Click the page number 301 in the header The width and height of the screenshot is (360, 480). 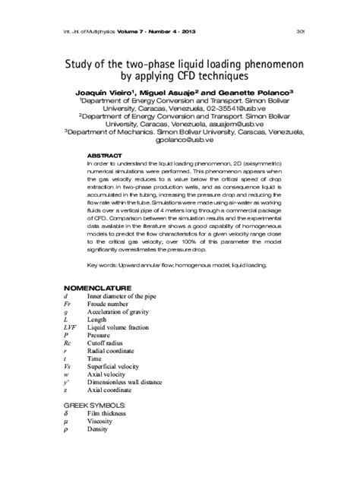pos(300,31)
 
